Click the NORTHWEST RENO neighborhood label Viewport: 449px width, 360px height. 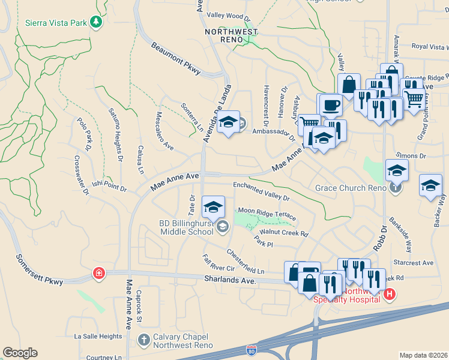pos(231,35)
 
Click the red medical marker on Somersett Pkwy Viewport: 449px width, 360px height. pos(98,274)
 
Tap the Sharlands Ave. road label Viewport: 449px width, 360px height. pos(229,280)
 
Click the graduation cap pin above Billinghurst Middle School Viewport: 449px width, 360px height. pos(213,208)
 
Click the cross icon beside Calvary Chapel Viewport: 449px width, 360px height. pos(143,340)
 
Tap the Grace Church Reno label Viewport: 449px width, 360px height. pos(351,188)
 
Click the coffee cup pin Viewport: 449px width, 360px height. pos(331,105)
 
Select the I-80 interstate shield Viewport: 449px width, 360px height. pos(252,349)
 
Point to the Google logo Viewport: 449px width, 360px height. pos(20,353)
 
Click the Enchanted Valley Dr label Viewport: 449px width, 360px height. pos(261,191)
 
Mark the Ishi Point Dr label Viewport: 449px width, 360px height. pos(109,186)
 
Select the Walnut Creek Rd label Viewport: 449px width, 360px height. pos(283,232)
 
